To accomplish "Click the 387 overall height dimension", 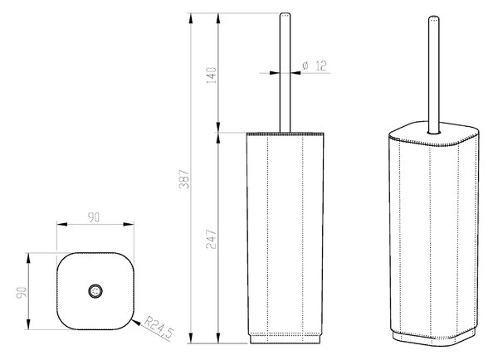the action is pyautogui.click(x=184, y=180).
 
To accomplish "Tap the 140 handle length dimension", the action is pyautogui.click(x=212, y=75).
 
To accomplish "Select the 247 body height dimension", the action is pyautogui.click(x=212, y=239).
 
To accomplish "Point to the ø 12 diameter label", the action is pyautogui.click(x=315, y=66).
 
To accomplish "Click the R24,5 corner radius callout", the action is pyautogui.click(x=159, y=327).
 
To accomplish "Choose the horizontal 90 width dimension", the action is pyautogui.click(x=94, y=217).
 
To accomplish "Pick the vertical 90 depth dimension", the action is pyautogui.click(x=22, y=292).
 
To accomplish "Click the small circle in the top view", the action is pyautogui.click(x=95, y=291).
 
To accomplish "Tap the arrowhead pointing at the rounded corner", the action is pyautogui.click(x=136, y=323).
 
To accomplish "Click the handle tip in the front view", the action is pyautogui.click(x=285, y=14).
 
